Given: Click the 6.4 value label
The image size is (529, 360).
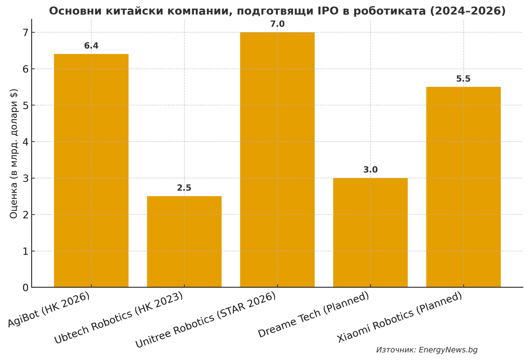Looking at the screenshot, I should (x=91, y=46).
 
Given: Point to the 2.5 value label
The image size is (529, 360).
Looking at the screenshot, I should (x=184, y=188).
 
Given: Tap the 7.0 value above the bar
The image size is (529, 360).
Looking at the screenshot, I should (x=277, y=24).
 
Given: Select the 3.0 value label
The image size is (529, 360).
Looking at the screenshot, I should (x=370, y=170).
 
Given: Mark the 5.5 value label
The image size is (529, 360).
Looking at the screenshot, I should (x=463, y=79).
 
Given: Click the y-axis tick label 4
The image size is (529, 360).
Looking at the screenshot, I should (x=25, y=142).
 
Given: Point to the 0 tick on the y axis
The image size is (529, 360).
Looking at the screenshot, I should (x=25, y=288).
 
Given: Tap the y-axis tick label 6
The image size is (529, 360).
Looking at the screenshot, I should (x=25, y=69).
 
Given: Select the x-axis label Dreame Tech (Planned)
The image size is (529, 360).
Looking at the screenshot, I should (x=313, y=315).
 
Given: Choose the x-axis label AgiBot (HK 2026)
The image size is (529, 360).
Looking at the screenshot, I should (x=49, y=309).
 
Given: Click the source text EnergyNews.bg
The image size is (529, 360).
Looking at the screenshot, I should (x=448, y=350).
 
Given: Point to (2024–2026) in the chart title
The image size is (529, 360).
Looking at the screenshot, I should (x=469, y=11).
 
